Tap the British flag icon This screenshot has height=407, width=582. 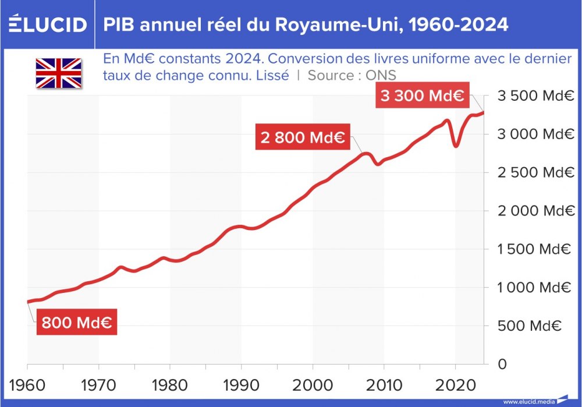(x=59, y=73)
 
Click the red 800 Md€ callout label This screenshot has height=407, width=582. (x=77, y=322)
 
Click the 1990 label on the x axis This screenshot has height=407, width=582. (x=242, y=385)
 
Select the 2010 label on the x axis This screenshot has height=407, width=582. (x=384, y=385)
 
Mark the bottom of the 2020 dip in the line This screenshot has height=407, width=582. (x=456, y=146)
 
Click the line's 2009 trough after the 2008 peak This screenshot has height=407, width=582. (x=378, y=164)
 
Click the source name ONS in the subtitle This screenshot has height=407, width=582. (x=381, y=75)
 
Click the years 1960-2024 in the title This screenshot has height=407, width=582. (x=454, y=24)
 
